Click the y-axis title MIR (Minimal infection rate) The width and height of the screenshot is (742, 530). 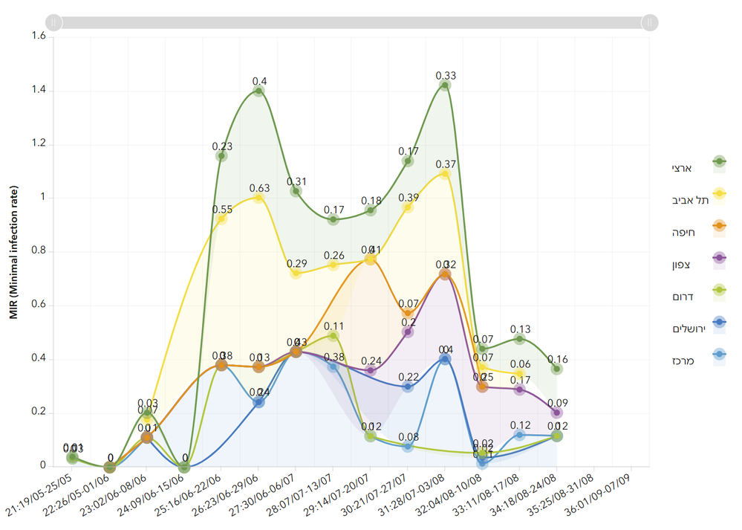14,252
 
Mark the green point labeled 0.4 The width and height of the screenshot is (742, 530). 258,91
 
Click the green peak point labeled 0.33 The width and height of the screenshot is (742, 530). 445,85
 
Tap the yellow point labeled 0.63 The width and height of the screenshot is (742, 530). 258,198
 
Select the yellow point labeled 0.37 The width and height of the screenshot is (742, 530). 445,173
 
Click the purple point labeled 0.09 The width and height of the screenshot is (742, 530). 556,413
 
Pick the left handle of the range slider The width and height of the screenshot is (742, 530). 53,22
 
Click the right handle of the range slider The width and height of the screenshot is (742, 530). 650,22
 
